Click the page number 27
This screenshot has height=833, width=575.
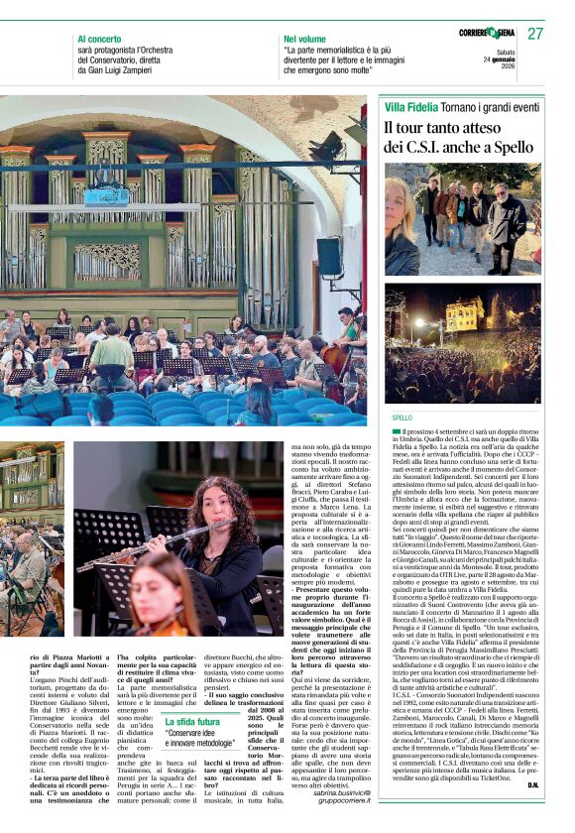534,34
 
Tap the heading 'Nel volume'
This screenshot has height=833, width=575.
303,40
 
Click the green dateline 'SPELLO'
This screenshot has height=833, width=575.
402,418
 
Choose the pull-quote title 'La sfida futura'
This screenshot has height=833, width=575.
193,722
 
